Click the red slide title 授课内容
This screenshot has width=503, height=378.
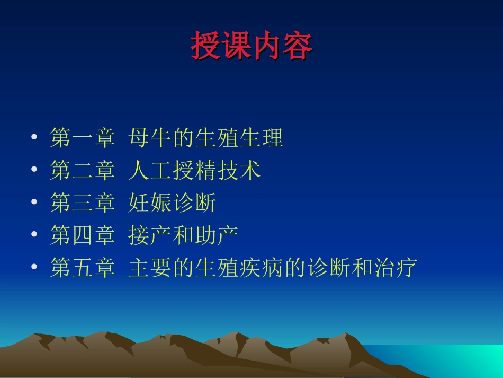(251, 47)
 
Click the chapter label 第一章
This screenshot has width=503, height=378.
(82, 138)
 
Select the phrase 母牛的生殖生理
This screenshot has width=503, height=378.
(205, 138)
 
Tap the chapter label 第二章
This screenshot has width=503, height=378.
(82, 171)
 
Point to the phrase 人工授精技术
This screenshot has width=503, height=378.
(194, 171)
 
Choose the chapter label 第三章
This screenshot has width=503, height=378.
(82, 203)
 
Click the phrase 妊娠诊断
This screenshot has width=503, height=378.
(172, 203)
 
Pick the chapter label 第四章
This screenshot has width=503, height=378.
(82, 235)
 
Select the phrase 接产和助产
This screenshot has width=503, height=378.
(183, 235)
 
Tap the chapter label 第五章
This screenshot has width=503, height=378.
(82, 268)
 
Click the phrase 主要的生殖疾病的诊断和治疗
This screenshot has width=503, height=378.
(272, 268)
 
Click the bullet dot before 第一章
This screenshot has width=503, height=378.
(34, 138)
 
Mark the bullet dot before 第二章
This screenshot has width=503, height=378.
(34, 171)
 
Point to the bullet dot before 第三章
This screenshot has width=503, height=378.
(34, 203)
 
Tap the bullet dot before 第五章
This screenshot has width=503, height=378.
(34, 268)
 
